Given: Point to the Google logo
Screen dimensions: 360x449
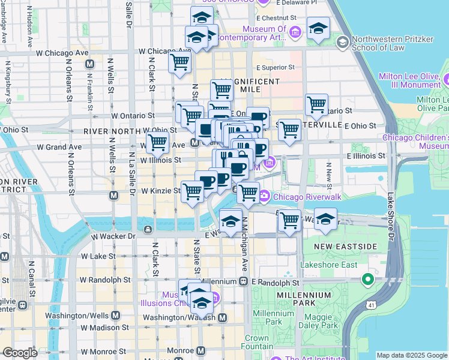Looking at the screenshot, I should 20,353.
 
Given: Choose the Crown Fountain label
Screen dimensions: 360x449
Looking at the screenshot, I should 256,343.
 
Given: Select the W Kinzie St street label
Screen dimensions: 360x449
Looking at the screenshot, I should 161,191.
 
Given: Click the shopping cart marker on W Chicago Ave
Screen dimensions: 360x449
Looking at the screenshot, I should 179,62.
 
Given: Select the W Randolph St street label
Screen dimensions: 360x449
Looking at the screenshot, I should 106,280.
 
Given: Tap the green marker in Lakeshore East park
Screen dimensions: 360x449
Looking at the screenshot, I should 367,280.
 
